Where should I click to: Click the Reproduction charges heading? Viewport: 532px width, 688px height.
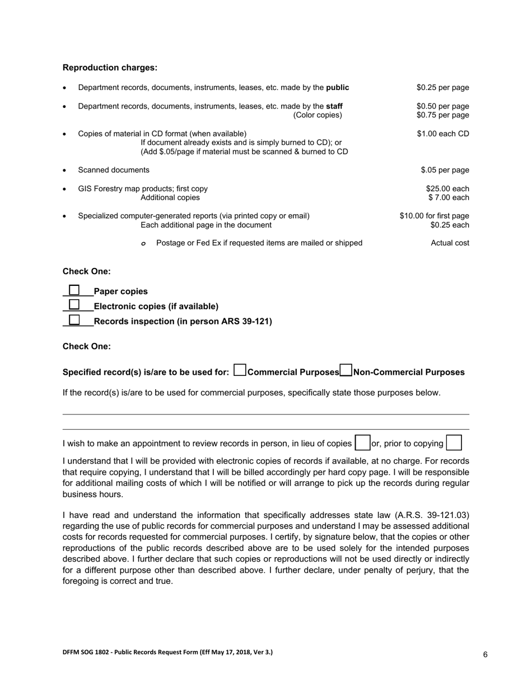point(110,68)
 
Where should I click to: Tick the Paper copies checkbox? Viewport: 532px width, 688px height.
point(74,290)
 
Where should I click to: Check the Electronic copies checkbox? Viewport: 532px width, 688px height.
point(74,305)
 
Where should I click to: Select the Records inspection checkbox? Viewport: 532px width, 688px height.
point(74,320)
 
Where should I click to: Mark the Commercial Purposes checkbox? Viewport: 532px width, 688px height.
point(240,370)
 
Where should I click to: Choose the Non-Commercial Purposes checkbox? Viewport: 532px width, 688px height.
point(346,370)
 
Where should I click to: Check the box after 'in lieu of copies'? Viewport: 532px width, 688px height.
point(363,443)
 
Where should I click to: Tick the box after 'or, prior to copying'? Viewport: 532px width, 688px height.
point(454,443)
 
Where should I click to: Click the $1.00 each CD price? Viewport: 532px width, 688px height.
point(443,133)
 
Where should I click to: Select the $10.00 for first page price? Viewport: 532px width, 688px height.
point(434,216)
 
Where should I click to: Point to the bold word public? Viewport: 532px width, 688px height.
point(337,87)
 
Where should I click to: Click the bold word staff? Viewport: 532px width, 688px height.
point(334,106)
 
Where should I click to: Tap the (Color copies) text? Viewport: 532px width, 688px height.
point(317,115)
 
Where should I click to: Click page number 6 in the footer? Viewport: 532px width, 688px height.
point(485,654)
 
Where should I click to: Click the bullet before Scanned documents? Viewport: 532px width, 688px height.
point(65,171)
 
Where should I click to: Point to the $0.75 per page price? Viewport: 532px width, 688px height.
point(442,115)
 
